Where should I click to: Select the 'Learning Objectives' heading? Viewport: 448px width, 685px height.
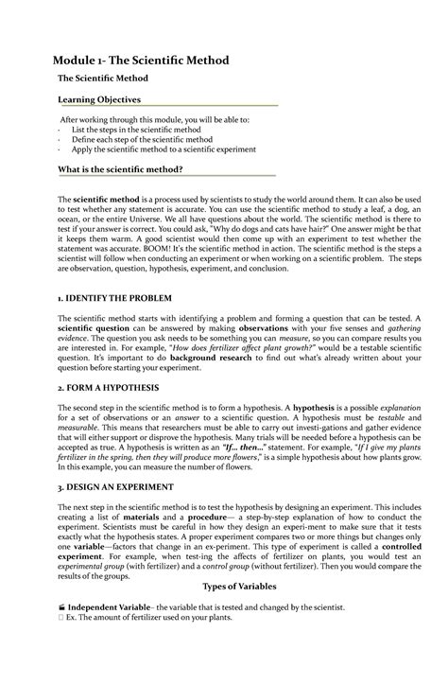(100, 98)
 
